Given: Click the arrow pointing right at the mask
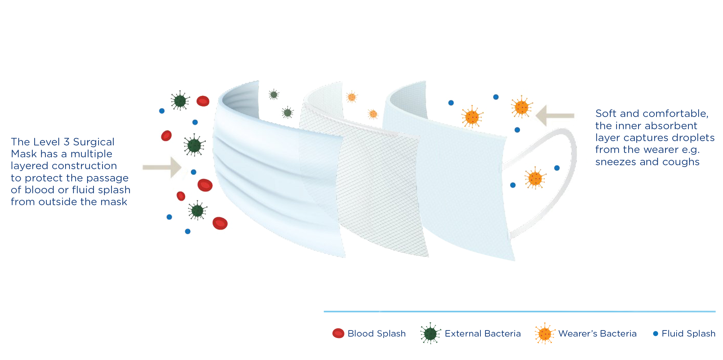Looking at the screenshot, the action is tap(162, 167).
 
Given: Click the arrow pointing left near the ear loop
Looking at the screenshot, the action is tap(555, 116).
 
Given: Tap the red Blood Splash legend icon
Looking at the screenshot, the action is tap(338, 333).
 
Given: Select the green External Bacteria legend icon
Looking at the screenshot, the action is tap(430, 333).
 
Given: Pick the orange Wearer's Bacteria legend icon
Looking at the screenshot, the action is tap(545, 333).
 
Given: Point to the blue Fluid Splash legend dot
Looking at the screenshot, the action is tap(656, 334).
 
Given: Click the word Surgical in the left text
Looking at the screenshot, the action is tap(94, 142).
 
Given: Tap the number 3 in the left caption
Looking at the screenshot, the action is tap(66, 142).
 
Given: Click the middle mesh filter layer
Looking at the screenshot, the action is tap(374, 180).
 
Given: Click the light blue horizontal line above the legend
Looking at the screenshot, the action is tap(520, 311).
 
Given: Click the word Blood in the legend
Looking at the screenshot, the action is tap(361, 334).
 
